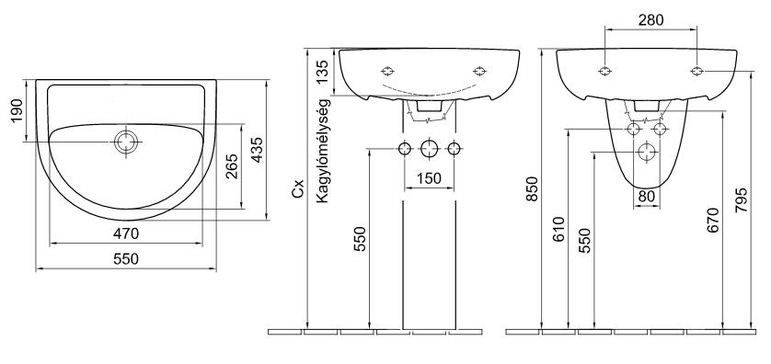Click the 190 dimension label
coord(17,111)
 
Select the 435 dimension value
coord(257,150)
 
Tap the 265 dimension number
coord(232,167)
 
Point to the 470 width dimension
coord(126,233)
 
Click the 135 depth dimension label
coord(323,73)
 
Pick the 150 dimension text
coord(429,177)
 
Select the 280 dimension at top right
coord(650,19)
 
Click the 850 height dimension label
coord(533,189)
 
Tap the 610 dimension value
coord(559,230)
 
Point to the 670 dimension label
coord(713,220)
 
